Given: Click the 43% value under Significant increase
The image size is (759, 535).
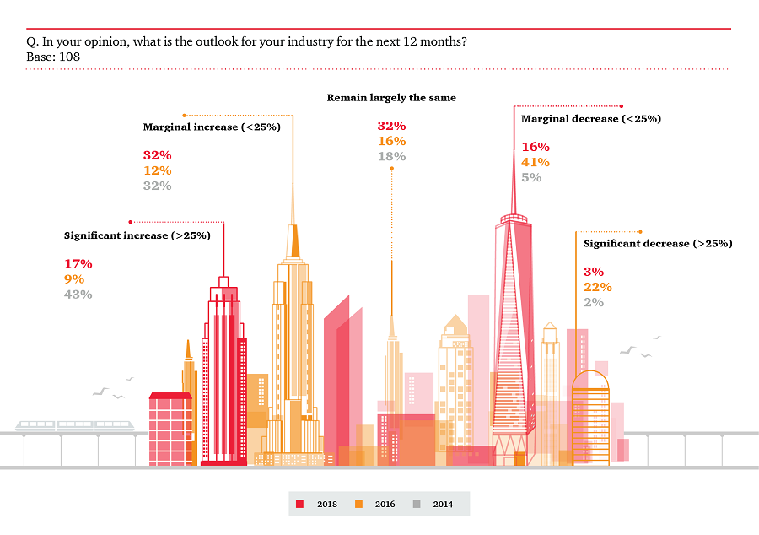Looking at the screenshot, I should coord(78,295).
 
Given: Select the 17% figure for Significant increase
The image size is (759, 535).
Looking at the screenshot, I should coord(78,264).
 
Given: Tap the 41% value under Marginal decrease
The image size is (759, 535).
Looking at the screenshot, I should coord(536,162).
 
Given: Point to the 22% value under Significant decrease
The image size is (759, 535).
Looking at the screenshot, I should coord(598,287).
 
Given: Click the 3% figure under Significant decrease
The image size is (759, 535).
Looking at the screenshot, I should coord(594,272).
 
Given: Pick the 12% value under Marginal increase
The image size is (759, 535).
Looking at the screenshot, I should coord(157,170).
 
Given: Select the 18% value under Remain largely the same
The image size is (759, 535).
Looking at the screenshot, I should coord(391,156).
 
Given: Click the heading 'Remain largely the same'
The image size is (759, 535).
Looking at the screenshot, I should coord(391,98).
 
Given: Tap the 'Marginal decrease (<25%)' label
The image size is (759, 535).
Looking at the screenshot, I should coord(590,119).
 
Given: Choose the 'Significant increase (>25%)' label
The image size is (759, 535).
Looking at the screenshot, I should coord(137,235).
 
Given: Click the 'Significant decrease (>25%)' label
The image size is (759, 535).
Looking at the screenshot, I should coord(658,244).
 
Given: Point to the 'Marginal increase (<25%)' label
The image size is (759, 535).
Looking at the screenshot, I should coord(211,127).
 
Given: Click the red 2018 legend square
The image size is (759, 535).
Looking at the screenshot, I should coord(299,504).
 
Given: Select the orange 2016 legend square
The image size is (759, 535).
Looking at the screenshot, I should coord(358,504).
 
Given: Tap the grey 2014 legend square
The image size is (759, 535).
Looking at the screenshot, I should coord(417,504).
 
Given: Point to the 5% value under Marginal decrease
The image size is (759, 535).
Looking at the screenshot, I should coord(531,177).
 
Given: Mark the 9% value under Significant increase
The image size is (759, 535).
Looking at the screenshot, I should coord(74,279).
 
